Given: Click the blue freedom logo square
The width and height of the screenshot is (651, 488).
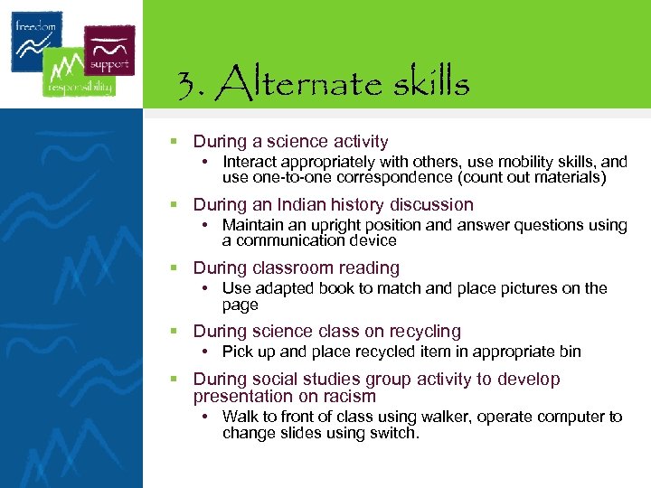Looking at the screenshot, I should pyautogui.click(x=36, y=42).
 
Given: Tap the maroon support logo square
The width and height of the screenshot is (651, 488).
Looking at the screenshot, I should pyautogui.click(x=109, y=51).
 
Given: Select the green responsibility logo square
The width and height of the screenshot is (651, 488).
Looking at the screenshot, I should pyautogui.click(x=79, y=72).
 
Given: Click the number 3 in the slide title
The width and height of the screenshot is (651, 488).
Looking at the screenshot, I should pyautogui.click(x=188, y=85).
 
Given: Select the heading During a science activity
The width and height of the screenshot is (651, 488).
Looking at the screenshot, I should pyautogui.click(x=290, y=142).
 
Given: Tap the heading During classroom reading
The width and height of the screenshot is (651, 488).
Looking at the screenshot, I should pyautogui.click(x=296, y=268).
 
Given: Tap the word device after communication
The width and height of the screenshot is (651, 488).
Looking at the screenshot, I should pyautogui.click(x=373, y=240).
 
